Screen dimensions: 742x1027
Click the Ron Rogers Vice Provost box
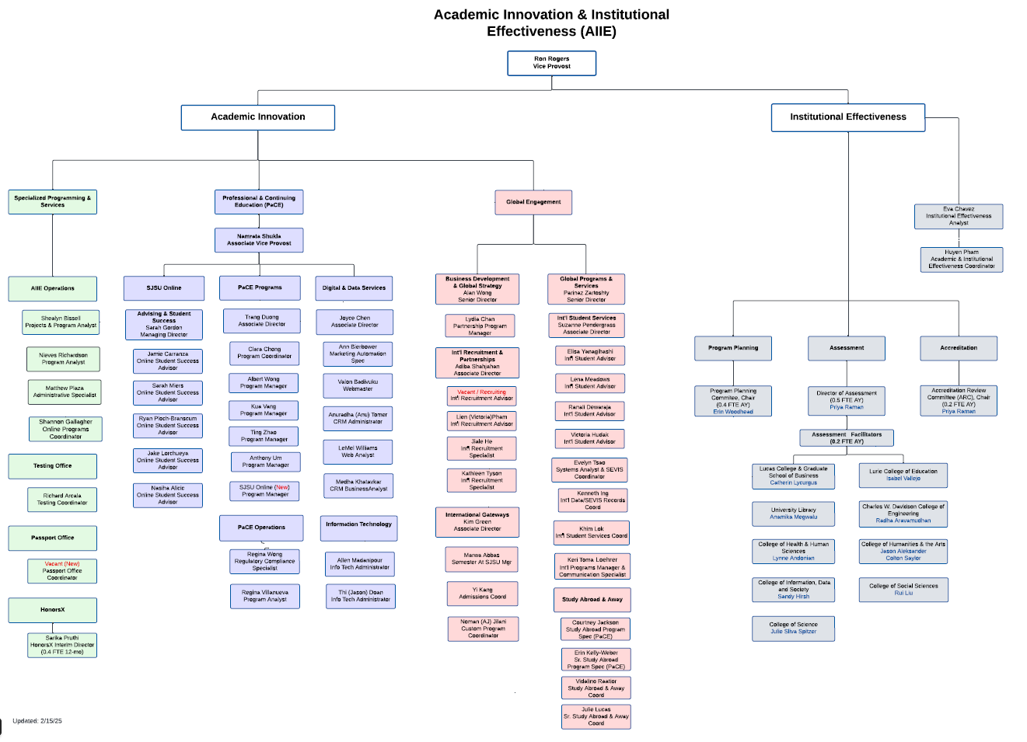click(551, 63)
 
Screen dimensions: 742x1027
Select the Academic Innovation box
click(258, 117)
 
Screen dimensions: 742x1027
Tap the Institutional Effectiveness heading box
click(847, 117)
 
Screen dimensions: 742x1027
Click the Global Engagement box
click(533, 202)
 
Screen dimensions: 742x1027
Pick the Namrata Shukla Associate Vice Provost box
click(259, 240)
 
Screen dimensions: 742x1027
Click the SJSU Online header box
click(164, 288)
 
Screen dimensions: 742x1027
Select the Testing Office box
click(53, 466)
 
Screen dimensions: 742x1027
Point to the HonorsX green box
click(53, 610)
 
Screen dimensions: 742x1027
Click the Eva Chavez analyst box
click(958, 216)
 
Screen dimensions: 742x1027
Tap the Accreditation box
click(958, 348)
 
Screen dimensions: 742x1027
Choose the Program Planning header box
click(732, 348)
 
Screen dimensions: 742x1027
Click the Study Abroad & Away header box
click(592, 600)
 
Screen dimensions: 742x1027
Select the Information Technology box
click(358, 528)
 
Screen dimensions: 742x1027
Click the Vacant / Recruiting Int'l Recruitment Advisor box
click(481, 395)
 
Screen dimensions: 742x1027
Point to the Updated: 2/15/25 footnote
click(37, 721)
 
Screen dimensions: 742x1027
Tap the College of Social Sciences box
click(903, 590)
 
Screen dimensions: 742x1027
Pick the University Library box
click(793, 514)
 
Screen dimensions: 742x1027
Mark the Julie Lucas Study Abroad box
click(596, 716)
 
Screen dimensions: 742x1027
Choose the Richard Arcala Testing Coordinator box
click(62, 500)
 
